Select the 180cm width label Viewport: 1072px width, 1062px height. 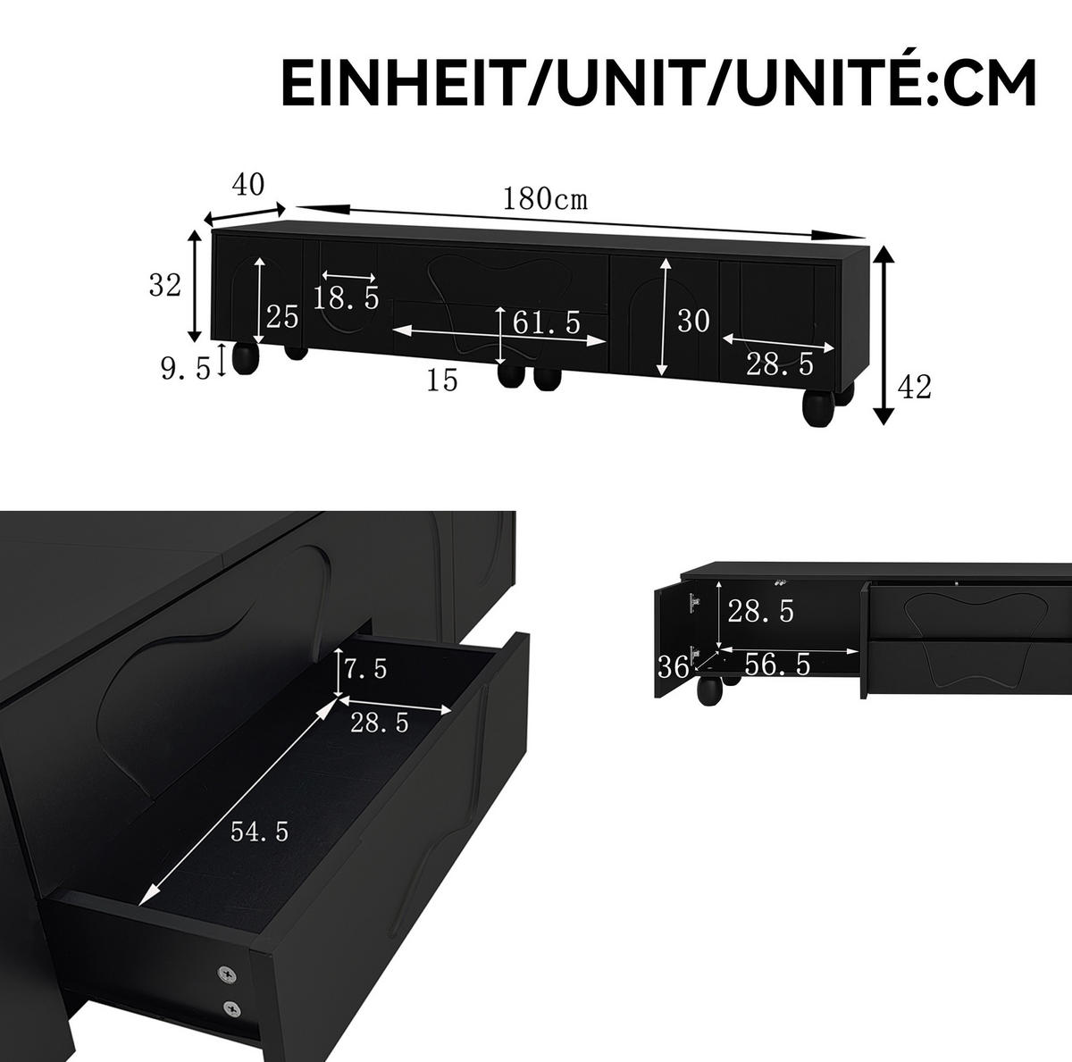pos(545,198)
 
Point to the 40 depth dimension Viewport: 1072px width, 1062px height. pos(248,185)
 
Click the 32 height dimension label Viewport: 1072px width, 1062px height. pos(165,286)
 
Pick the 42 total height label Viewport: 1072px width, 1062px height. pos(914,387)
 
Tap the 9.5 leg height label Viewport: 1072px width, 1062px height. pos(186,368)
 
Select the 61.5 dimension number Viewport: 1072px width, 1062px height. pos(547,322)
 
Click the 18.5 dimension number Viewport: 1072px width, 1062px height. pos(346,297)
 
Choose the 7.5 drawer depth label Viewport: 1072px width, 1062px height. pos(366,668)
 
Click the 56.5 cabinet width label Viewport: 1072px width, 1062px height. pos(777,665)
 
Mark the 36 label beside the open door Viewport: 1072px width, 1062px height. pos(674,666)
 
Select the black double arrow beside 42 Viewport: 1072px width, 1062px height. pos(884,336)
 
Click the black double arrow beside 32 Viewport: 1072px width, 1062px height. pos(194,286)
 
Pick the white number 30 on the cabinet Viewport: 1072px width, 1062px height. pos(693,321)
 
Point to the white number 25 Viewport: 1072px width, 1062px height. pos(282,318)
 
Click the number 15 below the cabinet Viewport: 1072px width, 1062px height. pos(441,380)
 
